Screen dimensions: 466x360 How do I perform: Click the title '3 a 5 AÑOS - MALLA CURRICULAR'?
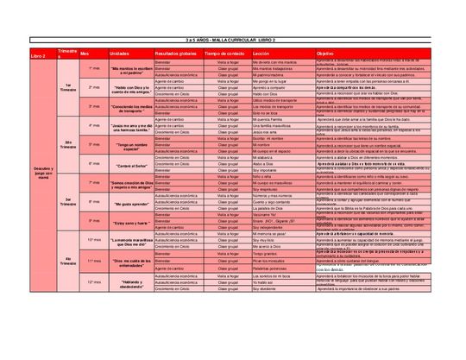(233, 41)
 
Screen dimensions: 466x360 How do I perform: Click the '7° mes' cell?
(94, 182)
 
